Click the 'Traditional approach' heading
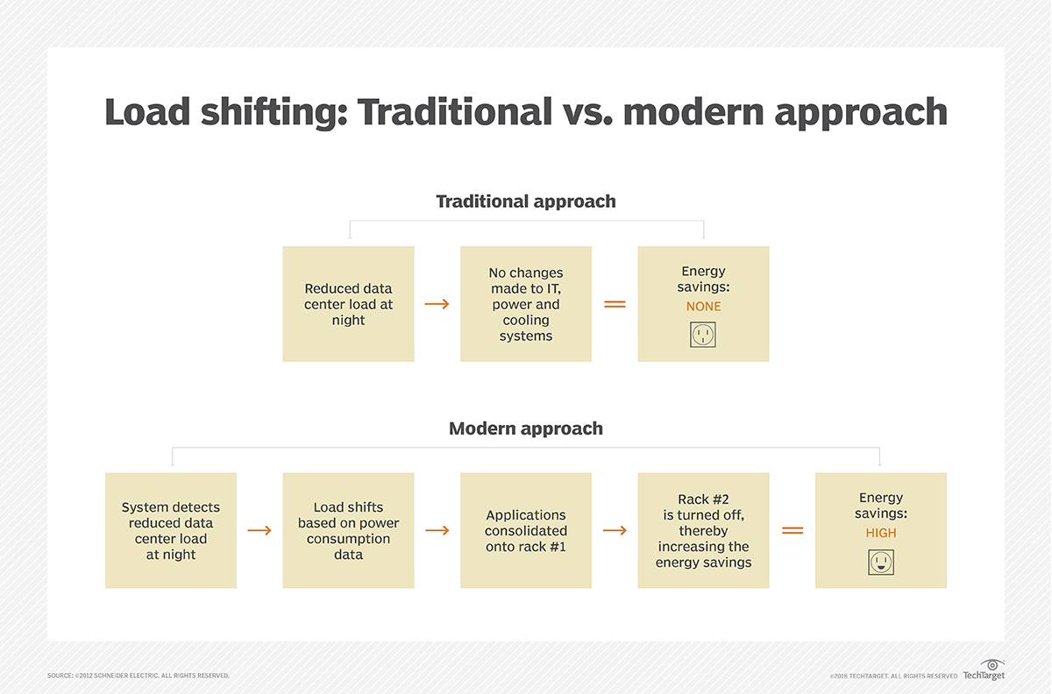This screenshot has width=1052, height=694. click(525, 202)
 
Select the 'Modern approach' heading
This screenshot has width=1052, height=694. click(525, 428)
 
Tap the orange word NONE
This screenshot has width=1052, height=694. click(703, 307)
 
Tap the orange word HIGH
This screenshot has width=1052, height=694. click(880, 533)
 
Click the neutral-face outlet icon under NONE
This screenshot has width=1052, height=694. click(703, 335)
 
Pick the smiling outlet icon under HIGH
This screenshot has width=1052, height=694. click(880, 562)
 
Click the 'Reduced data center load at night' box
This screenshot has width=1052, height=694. click(349, 304)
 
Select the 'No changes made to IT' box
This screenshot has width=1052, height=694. click(526, 304)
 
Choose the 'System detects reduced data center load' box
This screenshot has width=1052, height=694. click(171, 531)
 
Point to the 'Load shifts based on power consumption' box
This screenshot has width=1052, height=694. click(349, 531)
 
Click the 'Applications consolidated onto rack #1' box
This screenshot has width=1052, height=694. click(526, 531)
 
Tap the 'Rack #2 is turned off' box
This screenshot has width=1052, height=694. click(703, 531)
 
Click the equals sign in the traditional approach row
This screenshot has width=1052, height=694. click(615, 304)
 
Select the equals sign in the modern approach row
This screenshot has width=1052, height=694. click(793, 531)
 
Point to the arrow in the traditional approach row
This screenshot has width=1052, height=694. click(437, 304)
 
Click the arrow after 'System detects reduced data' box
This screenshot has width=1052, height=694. click(259, 531)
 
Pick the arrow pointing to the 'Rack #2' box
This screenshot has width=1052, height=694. click(615, 531)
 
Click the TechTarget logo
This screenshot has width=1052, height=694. click(984, 670)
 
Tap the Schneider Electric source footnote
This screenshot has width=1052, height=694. click(139, 676)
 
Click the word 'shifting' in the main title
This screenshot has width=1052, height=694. click(274, 113)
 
